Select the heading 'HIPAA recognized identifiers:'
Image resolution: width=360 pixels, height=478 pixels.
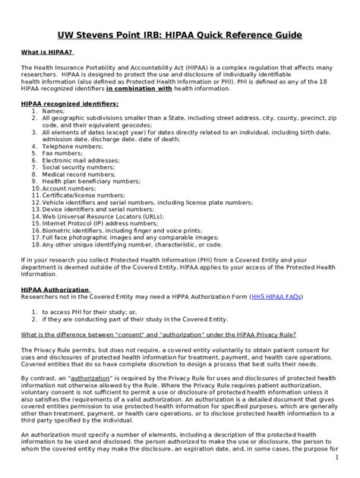coord(69,102)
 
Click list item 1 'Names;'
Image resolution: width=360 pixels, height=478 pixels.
coord(53,111)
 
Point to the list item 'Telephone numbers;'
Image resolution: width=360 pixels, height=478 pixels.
coord(73,146)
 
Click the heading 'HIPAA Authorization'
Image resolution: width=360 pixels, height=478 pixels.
coord(55,289)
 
